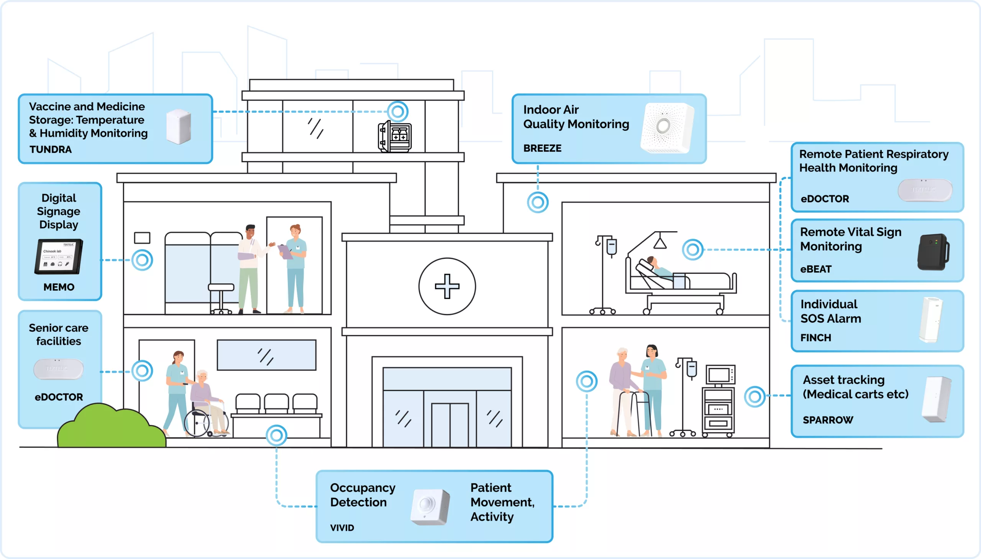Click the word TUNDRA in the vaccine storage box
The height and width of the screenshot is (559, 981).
pos(50,150)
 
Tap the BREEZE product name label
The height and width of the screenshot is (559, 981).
pos(542,148)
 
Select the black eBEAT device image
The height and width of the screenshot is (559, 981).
pos(933,252)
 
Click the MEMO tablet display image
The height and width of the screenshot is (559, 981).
pos(59,256)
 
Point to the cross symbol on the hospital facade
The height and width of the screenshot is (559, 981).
pos(447,286)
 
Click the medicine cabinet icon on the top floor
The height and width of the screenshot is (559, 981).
pos(395,136)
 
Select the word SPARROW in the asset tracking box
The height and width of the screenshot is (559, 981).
pos(828,420)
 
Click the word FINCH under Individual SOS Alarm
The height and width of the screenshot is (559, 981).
pos(815,338)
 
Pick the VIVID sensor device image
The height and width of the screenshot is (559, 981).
pos(429,507)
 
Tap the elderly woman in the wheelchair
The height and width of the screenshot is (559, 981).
pos(205,399)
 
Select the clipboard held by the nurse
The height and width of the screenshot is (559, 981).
pos(285,252)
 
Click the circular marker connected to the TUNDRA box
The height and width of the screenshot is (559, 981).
pos(397,112)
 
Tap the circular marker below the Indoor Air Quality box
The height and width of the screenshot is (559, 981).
pos(538,202)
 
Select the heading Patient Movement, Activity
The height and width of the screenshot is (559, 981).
pos(502,502)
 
